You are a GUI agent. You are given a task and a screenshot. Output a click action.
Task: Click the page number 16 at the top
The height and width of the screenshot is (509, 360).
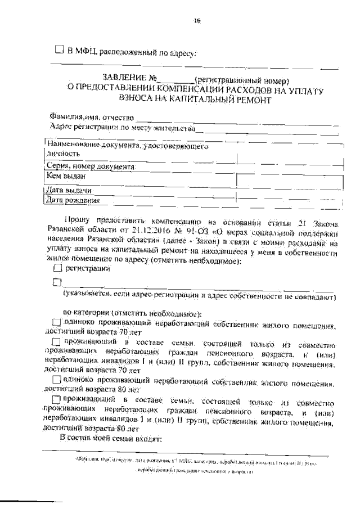coord(196,21)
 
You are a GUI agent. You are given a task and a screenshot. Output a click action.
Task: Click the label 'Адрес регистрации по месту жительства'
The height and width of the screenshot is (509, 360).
coord(122,128)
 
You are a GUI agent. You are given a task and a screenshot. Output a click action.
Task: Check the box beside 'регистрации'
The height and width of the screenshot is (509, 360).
coord(56,269)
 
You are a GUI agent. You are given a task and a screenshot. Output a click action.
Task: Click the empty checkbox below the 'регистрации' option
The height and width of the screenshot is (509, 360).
coord(56,282)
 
